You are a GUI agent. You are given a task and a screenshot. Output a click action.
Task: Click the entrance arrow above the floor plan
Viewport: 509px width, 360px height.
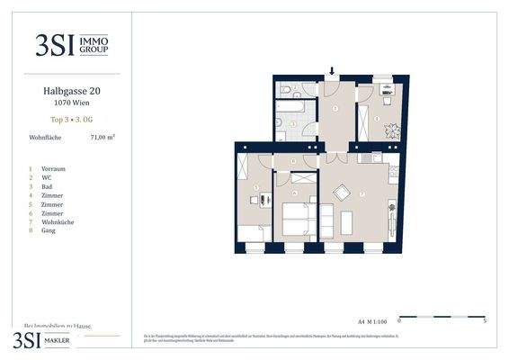(x=332, y=72)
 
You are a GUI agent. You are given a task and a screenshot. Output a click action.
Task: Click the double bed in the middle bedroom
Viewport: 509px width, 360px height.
(x=298, y=219)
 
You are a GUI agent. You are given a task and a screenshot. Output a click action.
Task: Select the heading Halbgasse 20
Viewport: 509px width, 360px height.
(x=71, y=91)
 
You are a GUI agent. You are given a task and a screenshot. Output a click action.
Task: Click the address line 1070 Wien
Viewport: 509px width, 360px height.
(x=71, y=103)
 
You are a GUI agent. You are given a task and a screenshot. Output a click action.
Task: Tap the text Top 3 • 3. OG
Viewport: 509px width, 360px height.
(x=71, y=119)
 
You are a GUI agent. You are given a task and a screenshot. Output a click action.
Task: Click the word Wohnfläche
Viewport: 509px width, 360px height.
(x=44, y=138)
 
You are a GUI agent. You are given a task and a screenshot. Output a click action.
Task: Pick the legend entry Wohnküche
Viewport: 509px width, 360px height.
(x=57, y=220)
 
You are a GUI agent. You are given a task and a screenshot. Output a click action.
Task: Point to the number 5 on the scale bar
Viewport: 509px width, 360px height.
(x=485, y=320)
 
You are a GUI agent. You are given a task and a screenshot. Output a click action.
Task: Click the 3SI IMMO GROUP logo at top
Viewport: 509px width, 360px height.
(x=71, y=42)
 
